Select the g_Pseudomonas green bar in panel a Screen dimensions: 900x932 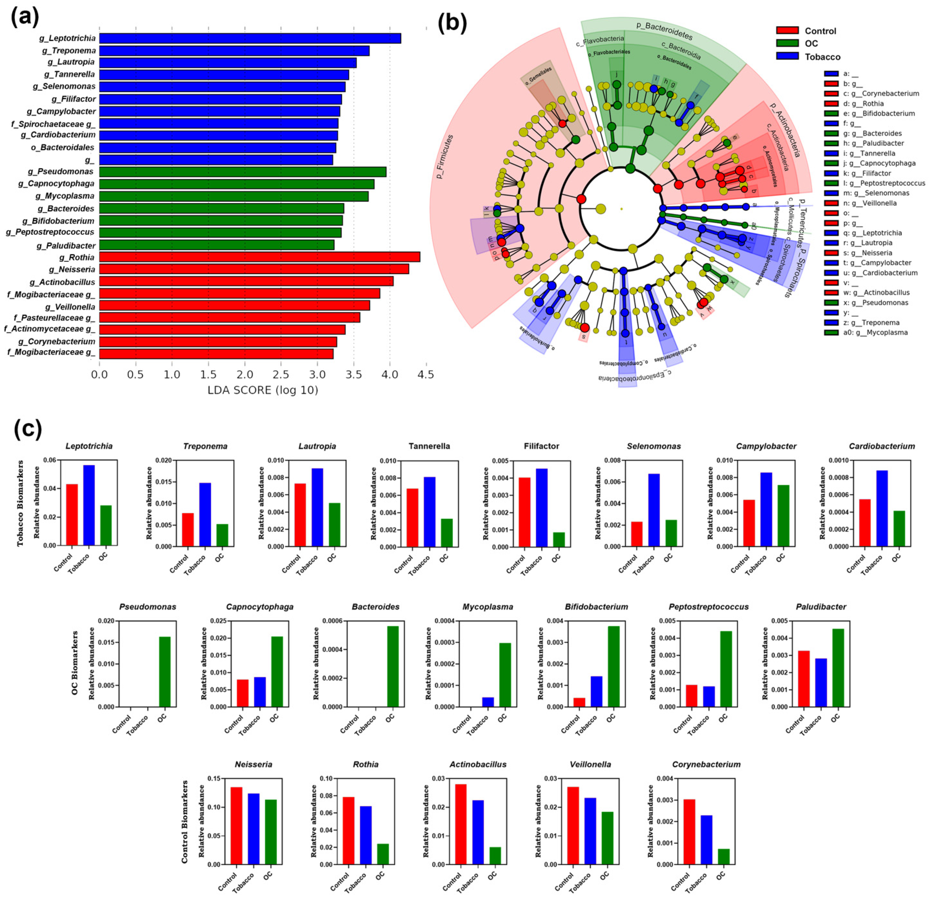click(x=243, y=172)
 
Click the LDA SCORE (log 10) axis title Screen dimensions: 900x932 click(x=263, y=390)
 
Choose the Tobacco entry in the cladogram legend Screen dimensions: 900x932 click(x=822, y=57)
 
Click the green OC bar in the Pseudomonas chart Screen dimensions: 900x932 click(x=165, y=672)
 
